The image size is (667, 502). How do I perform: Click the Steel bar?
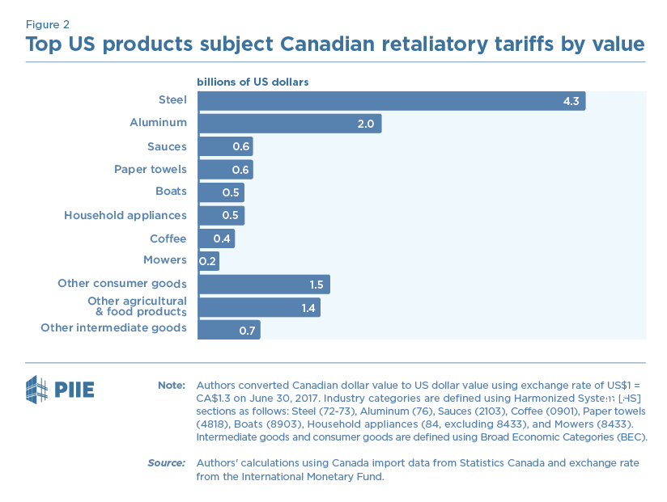391,101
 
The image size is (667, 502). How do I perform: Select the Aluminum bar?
289,124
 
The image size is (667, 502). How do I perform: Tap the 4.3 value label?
571,101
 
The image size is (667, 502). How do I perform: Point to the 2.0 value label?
366,124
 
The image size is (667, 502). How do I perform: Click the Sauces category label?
167,146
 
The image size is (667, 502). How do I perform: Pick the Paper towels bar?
225,170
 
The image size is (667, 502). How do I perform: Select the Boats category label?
171,192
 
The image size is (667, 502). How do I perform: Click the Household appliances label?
125,215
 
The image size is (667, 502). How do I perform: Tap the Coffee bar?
215,238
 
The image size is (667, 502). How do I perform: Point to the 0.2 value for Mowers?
207,261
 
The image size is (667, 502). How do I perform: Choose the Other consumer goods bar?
263,285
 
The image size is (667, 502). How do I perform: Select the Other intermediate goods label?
114,327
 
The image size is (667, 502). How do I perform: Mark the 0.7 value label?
245,331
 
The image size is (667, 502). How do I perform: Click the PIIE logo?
61,390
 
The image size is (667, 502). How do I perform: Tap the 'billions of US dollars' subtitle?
253,82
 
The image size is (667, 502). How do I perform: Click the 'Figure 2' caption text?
47,24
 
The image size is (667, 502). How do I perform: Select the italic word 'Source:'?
167,462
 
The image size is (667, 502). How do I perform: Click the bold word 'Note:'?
172,385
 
